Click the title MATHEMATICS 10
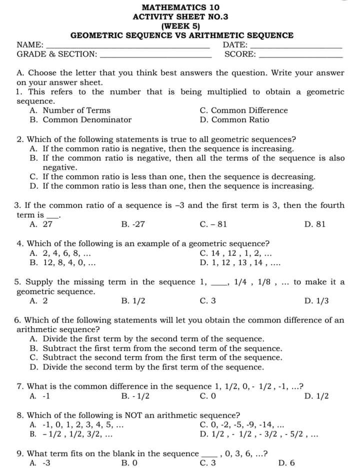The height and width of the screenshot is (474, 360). pos(180,7)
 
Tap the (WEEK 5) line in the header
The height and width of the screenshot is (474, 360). pos(180,26)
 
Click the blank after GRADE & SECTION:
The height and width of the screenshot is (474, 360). pos(155,56)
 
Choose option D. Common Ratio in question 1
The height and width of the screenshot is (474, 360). pos(234,120)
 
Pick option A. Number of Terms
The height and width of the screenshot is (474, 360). pos(70,110)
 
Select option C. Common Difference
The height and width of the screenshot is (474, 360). pos(243,110)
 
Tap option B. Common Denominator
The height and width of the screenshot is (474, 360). pos(80,120)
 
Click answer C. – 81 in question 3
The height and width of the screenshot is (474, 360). pos(213,224)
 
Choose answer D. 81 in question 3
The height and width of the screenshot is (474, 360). pos(314,224)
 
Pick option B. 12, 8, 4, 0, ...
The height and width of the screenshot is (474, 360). pos(62,262)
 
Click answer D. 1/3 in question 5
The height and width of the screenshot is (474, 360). pos(316,301)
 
